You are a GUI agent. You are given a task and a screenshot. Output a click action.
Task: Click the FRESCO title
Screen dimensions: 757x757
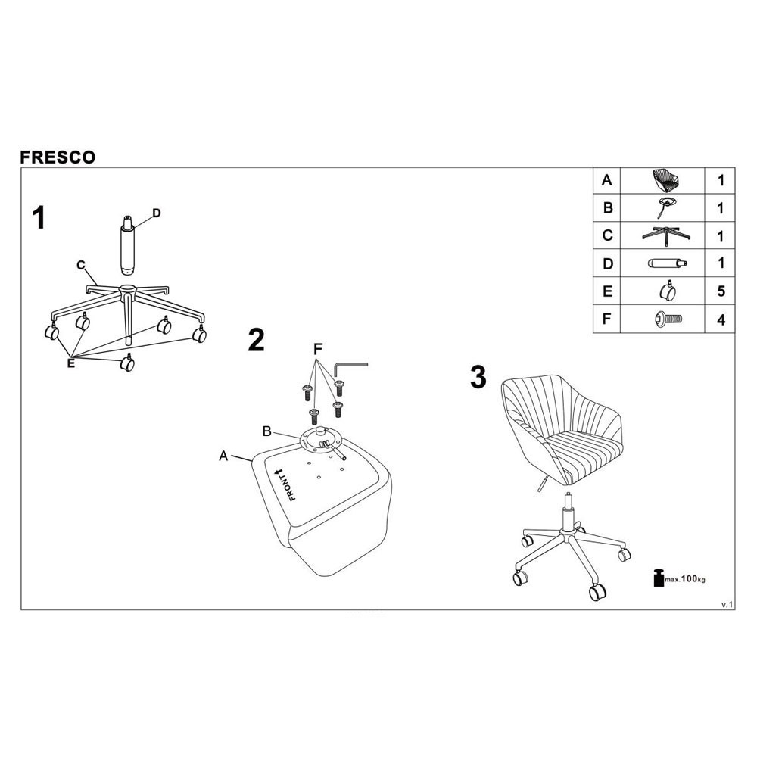[58, 157]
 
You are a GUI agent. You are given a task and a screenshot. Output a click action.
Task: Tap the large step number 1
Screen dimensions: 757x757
[39, 218]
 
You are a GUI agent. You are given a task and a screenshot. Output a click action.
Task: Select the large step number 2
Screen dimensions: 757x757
[256, 340]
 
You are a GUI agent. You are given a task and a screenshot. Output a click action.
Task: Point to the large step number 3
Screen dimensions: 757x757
[478, 377]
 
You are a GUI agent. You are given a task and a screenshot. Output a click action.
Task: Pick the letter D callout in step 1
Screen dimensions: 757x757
[156, 213]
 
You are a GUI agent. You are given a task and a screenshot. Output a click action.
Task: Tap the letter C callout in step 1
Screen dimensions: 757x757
[81, 265]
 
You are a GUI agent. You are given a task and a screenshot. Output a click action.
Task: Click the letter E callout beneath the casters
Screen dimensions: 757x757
[71, 363]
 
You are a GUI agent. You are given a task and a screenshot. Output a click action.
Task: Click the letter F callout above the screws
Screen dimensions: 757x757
[318, 349]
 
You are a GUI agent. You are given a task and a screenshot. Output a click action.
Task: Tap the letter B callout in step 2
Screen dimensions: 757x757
[267, 431]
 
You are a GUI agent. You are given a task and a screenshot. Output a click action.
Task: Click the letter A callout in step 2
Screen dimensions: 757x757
[223, 455]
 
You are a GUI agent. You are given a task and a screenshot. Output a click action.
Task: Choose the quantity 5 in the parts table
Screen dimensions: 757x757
[721, 291]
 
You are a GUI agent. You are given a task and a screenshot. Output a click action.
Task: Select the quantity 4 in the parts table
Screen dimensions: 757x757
[721, 319]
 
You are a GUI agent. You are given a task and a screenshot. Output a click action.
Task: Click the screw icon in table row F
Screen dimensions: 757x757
[668, 319]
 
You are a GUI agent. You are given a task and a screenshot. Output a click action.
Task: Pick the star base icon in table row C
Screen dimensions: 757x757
[665, 236]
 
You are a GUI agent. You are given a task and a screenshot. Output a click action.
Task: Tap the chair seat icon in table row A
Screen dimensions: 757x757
[665, 180]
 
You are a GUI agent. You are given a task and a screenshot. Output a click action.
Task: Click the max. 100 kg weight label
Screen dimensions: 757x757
[679, 578]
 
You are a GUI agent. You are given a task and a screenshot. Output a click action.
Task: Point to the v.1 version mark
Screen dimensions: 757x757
[727, 604]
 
